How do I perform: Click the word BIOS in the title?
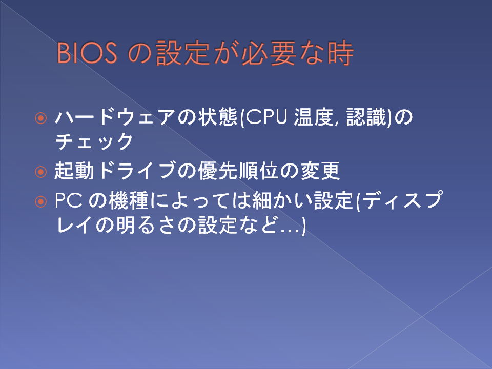tap(87, 53)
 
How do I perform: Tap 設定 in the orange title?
tap(183, 53)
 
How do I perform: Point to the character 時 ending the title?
tap(341, 53)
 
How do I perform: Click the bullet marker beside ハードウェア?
tap(41, 118)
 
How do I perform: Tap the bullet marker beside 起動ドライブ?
tap(41, 172)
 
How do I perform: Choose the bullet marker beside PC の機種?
tap(41, 201)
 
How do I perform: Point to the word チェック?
tap(94, 141)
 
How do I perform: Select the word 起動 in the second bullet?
tap(74, 171)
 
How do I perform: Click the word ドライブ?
tap(137, 171)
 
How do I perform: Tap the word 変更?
tap(320, 171)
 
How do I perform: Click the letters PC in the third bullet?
tap(69, 200)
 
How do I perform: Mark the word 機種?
tap(129, 200)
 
